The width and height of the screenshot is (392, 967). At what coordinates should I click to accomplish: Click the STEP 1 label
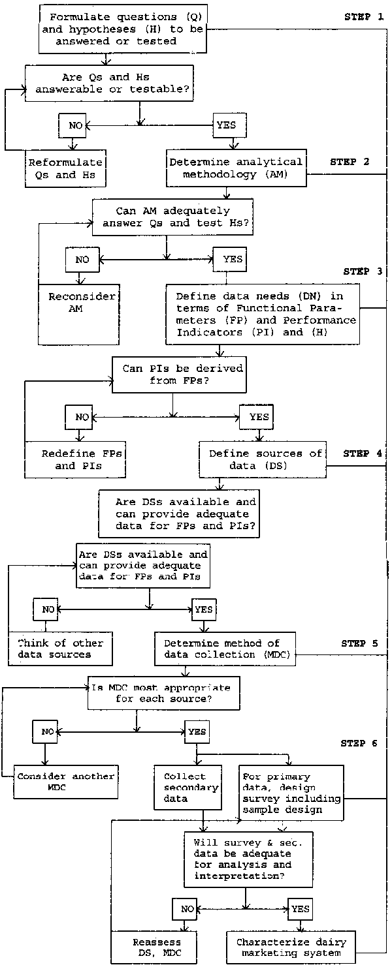click(x=364, y=17)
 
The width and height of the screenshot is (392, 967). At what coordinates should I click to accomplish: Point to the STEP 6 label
click(x=359, y=743)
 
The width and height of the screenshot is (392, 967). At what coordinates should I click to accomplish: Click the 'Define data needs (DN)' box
click(x=263, y=313)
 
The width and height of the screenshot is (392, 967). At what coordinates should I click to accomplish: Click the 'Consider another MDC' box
click(x=66, y=781)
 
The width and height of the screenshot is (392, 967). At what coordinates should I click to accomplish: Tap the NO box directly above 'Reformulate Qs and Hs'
click(x=71, y=124)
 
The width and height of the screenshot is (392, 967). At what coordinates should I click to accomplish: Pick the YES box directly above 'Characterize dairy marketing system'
click(x=300, y=908)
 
